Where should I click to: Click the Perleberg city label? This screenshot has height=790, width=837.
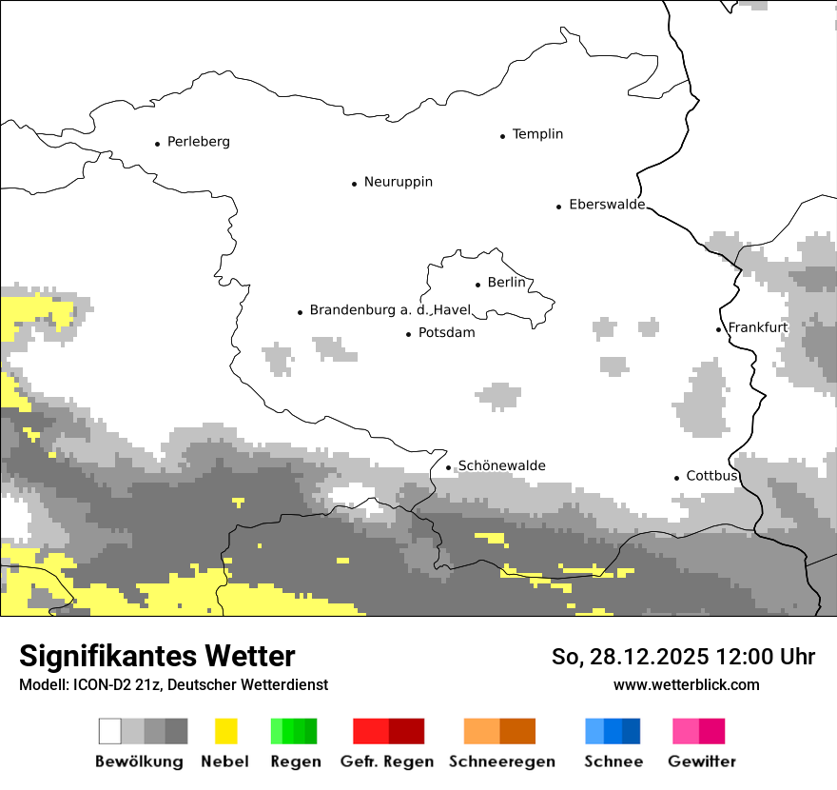point(198,142)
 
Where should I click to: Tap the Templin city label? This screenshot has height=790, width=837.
point(537,134)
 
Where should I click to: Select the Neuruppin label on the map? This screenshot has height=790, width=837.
point(398,182)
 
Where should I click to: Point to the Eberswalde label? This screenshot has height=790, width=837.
point(606,205)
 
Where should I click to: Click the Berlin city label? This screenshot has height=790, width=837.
point(506,283)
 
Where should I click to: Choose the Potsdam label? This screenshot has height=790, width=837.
point(446,333)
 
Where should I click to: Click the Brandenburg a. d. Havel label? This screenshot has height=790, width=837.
point(390,310)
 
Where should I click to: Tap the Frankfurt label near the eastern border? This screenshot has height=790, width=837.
point(757,327)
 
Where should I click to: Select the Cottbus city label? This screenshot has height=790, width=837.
point(711,476)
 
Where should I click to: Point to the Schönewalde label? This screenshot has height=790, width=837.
point(501,465)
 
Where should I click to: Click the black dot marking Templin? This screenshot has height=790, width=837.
point(502,136)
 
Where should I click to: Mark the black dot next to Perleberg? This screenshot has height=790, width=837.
point(157,144)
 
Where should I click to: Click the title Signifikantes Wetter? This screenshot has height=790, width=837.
point(157,656)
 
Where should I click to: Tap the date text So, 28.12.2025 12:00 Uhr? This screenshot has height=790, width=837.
point(683,657)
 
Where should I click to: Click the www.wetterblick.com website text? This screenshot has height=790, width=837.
point(686,684)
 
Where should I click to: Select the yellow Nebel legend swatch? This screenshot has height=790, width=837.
point(225,731)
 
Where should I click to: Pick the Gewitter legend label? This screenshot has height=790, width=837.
point(702,761)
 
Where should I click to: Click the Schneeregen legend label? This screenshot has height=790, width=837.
point(501,761)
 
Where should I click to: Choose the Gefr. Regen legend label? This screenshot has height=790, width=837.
point(387,761)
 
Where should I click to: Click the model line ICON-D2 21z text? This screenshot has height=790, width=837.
point(173,684)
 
